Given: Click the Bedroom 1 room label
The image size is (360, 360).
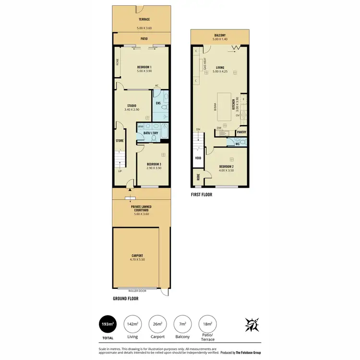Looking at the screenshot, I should point(144,67).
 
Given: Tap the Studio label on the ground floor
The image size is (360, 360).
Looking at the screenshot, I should point(132,106).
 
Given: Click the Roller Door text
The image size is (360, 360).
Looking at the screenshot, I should point(137,290).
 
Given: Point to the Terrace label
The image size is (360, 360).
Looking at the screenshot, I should point(144,19).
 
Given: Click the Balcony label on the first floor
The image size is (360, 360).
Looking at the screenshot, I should point(220,35).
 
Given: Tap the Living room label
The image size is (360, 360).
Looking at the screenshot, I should point(220,68).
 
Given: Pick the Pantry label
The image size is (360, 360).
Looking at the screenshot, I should point(241,132).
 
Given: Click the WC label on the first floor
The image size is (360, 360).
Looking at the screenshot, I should point(238,144).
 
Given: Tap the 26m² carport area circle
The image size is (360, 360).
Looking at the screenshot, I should point(157,324).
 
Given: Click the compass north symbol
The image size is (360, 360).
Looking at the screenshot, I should point(250,325).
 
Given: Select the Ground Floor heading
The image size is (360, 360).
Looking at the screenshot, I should point(126,299).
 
